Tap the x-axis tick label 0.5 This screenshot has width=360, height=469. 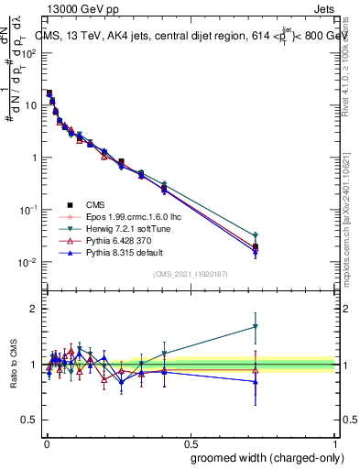tap(191, 441)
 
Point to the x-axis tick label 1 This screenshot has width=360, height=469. tap(335, 441)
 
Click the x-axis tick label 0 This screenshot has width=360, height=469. tap(46, 441)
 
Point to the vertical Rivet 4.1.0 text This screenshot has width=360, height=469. tap(352, 64)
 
